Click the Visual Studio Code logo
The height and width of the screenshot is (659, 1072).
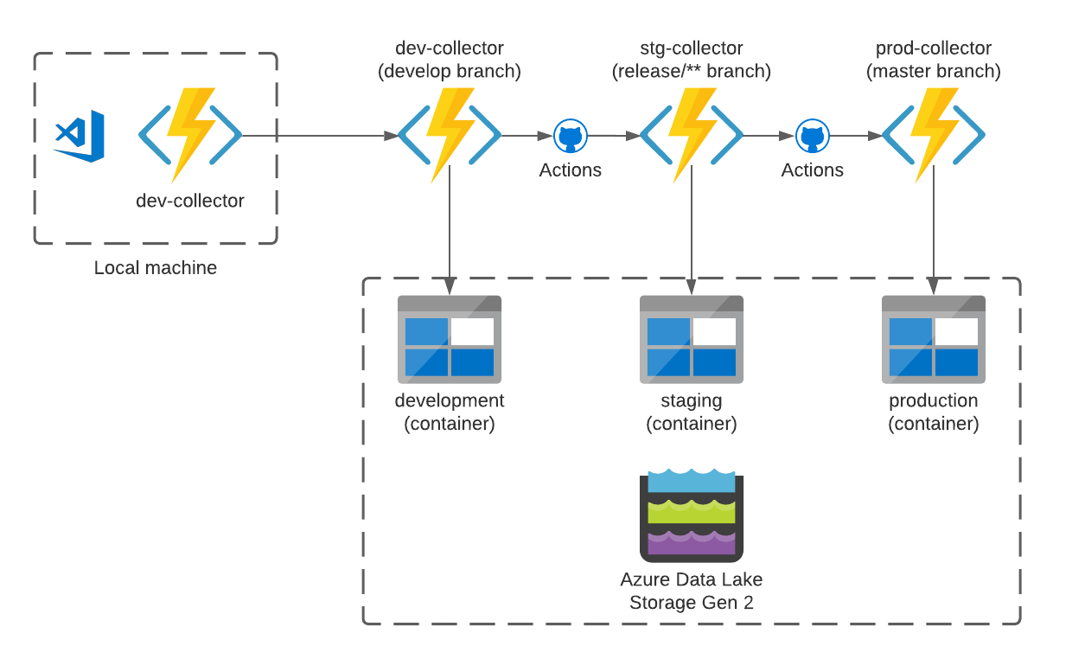79,136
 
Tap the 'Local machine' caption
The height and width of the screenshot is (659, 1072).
156,268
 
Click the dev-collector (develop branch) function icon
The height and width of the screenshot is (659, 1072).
449,136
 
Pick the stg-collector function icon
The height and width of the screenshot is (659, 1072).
691,136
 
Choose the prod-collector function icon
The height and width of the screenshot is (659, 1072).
933,136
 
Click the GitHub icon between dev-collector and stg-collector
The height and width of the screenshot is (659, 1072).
570,136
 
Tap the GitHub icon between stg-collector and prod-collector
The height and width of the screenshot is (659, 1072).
812,136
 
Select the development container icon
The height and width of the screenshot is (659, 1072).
449,339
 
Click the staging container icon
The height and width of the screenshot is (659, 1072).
691,339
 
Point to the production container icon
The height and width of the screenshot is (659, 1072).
933,339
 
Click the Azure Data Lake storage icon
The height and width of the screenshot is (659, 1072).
691,516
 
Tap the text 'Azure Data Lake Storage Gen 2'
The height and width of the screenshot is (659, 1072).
691,591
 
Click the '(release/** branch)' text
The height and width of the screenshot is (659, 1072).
691,71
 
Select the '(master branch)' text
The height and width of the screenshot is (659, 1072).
933,71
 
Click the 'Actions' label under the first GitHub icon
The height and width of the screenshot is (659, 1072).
570,170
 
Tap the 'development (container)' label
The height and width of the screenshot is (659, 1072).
449,413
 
